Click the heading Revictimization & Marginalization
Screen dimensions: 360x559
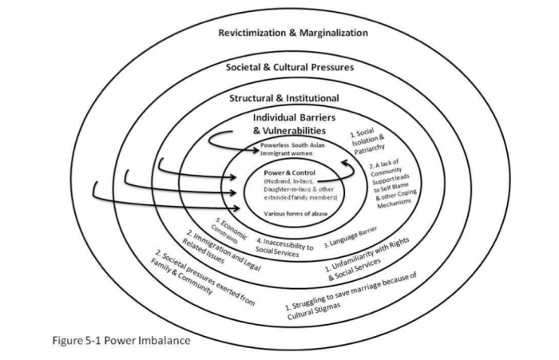click(294, 34)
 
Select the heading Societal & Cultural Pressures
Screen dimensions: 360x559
click(290, 67)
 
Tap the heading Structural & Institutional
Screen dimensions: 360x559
click(284, 98)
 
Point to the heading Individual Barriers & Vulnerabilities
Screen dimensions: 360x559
click(290, 124)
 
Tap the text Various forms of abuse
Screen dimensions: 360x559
click(293, 214)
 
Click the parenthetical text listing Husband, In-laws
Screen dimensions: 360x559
click(292, 189)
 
